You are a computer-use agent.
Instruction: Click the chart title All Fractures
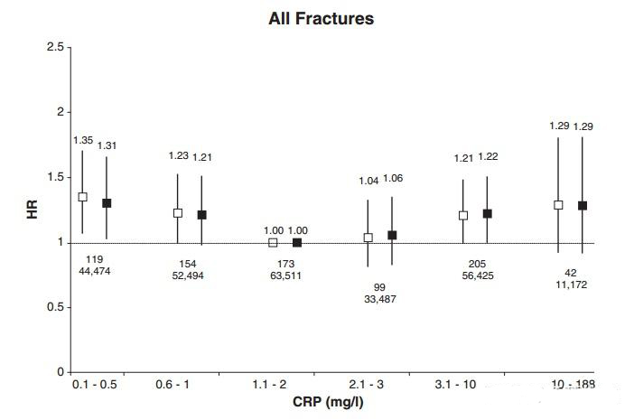click(322, 18)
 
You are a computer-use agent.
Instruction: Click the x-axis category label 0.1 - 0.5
click(94, 384)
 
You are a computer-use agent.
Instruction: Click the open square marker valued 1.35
click(82, 196)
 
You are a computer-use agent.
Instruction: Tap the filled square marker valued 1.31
click(107, 203)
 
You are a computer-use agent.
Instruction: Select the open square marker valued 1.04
click(368, 238)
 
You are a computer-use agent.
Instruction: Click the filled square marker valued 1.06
click(392, 235)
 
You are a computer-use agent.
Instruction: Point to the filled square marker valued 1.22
click(488, 214)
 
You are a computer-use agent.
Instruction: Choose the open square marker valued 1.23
click(178, 213)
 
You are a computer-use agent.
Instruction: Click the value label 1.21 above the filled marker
click(201, 157)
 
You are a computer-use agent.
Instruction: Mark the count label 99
click(379, 287)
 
